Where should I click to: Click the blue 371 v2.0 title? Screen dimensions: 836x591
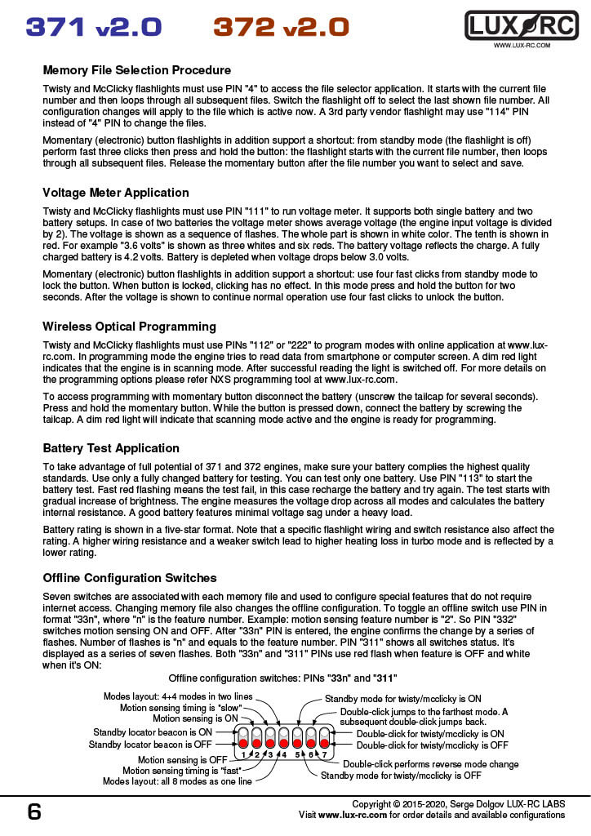pyautogui.click(x=93, y=27)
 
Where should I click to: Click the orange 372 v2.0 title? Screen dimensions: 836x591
pyautogui.click(x=281, y=27)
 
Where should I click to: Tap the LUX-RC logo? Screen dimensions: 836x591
pyautogui.click(x=521, y=25)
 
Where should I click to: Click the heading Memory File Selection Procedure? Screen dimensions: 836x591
pyautogui.click(x=136, y=70)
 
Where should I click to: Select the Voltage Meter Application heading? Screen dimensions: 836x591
pyautogui.click(x=116, y=193)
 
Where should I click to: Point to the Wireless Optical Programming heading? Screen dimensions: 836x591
pyautogui.click(x=129, y=326)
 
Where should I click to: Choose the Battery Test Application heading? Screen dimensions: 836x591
pyautogui.click(x=111, y=448)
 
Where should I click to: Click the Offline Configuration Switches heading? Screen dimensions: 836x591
pyautogui.click(x=130, y=577)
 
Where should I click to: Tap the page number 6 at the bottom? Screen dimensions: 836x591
pyautogui.click(x=34, y=812)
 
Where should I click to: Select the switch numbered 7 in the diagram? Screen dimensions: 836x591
pyautogui.click(x=324, y=740)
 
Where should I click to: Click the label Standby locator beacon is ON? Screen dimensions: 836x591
pyautogui.click(x=153, y=732)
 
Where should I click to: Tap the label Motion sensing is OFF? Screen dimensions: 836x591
pyautogui.click(x=183, y=759)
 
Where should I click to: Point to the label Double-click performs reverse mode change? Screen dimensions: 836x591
pyautogui.click(x=430, y=764)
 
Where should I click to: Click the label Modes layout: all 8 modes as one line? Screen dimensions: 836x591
pyautogui.click(x=177, y=780)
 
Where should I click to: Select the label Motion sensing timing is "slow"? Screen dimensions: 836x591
pyautogui.click(x=181, y=708)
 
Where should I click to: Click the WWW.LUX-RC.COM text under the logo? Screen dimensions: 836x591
pyautogui.click(x=522, y=46)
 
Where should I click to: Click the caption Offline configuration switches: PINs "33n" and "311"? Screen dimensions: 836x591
pyautogui.click(x=282, y=678)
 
